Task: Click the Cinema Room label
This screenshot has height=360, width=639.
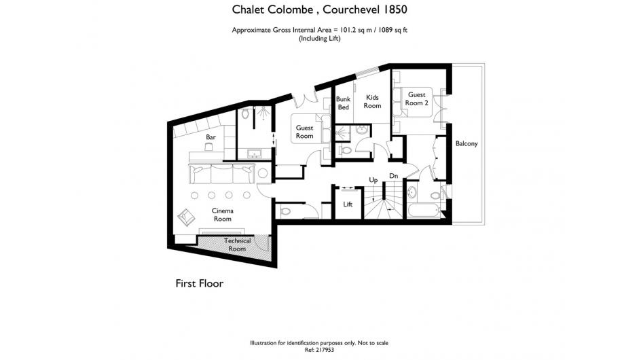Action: tap(223, 215)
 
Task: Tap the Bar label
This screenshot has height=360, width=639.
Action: tap(211, 137)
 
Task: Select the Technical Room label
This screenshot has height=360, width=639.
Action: tap(237, 245)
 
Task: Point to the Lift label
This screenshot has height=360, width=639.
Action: tap(348, 204)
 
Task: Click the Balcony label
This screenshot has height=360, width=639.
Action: tap(467, 143)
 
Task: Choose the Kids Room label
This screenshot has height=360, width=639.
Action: tap(373, 101)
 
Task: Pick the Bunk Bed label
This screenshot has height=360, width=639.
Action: tap(343, 103)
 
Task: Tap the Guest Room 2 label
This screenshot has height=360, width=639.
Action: tap(416, 98)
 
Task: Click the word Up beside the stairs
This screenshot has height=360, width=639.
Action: tap(373, 180)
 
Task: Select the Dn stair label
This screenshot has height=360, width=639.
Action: tap(393, 176)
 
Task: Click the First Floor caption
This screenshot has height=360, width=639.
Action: tap(199, 283)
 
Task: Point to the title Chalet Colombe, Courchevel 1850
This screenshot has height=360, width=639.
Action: tap(319, 10)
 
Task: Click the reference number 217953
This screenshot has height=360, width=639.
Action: tap(325, 350)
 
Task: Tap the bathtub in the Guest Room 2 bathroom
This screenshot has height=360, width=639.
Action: tap(424, 211)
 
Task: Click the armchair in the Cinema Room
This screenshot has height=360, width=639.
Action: tap(186, 217)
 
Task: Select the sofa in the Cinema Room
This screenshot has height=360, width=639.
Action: tap(221, 174)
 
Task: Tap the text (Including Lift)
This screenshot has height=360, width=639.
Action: tap(319, 39)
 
